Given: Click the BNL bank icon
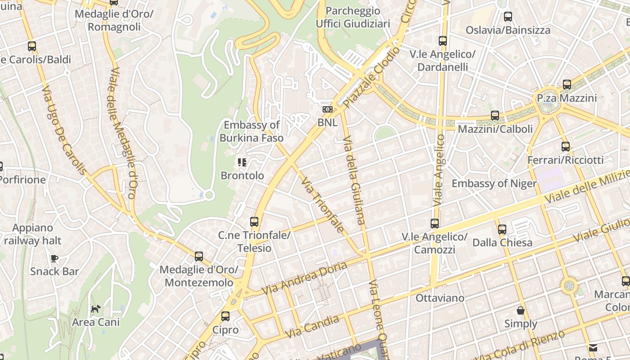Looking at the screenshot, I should click(x=328, y=109).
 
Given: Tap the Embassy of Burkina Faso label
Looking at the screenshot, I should click(x=252, y=131).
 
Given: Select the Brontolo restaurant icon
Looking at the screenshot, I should click(x=242, y=162).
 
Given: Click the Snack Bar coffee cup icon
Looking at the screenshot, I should click(x=54, y=258).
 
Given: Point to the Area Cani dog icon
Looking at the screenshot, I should click(x=96, y=309).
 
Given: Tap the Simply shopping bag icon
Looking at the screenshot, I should click(x=521, y=310).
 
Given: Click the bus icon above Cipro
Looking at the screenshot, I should click(x=225, y=316).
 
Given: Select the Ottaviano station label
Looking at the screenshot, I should click(x=440, y=298).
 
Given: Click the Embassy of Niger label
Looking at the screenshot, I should click(x=494, y=184).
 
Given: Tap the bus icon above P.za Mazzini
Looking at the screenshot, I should click(x=567, y=85).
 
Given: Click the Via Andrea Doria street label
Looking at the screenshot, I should click(x=304, y=278).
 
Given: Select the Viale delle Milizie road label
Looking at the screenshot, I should click(x=587, y=185).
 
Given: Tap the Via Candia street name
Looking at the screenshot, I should click(x=312, y=327).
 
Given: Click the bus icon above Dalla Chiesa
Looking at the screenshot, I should click(x=502, y=229).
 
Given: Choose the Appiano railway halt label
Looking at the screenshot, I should click(x=32, y=234).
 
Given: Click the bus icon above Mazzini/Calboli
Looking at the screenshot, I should click(x=495, y=116).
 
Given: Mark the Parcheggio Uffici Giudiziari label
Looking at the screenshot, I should click(x=353, y=17).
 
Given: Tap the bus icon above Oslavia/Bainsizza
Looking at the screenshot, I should click(x=508, y=17).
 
